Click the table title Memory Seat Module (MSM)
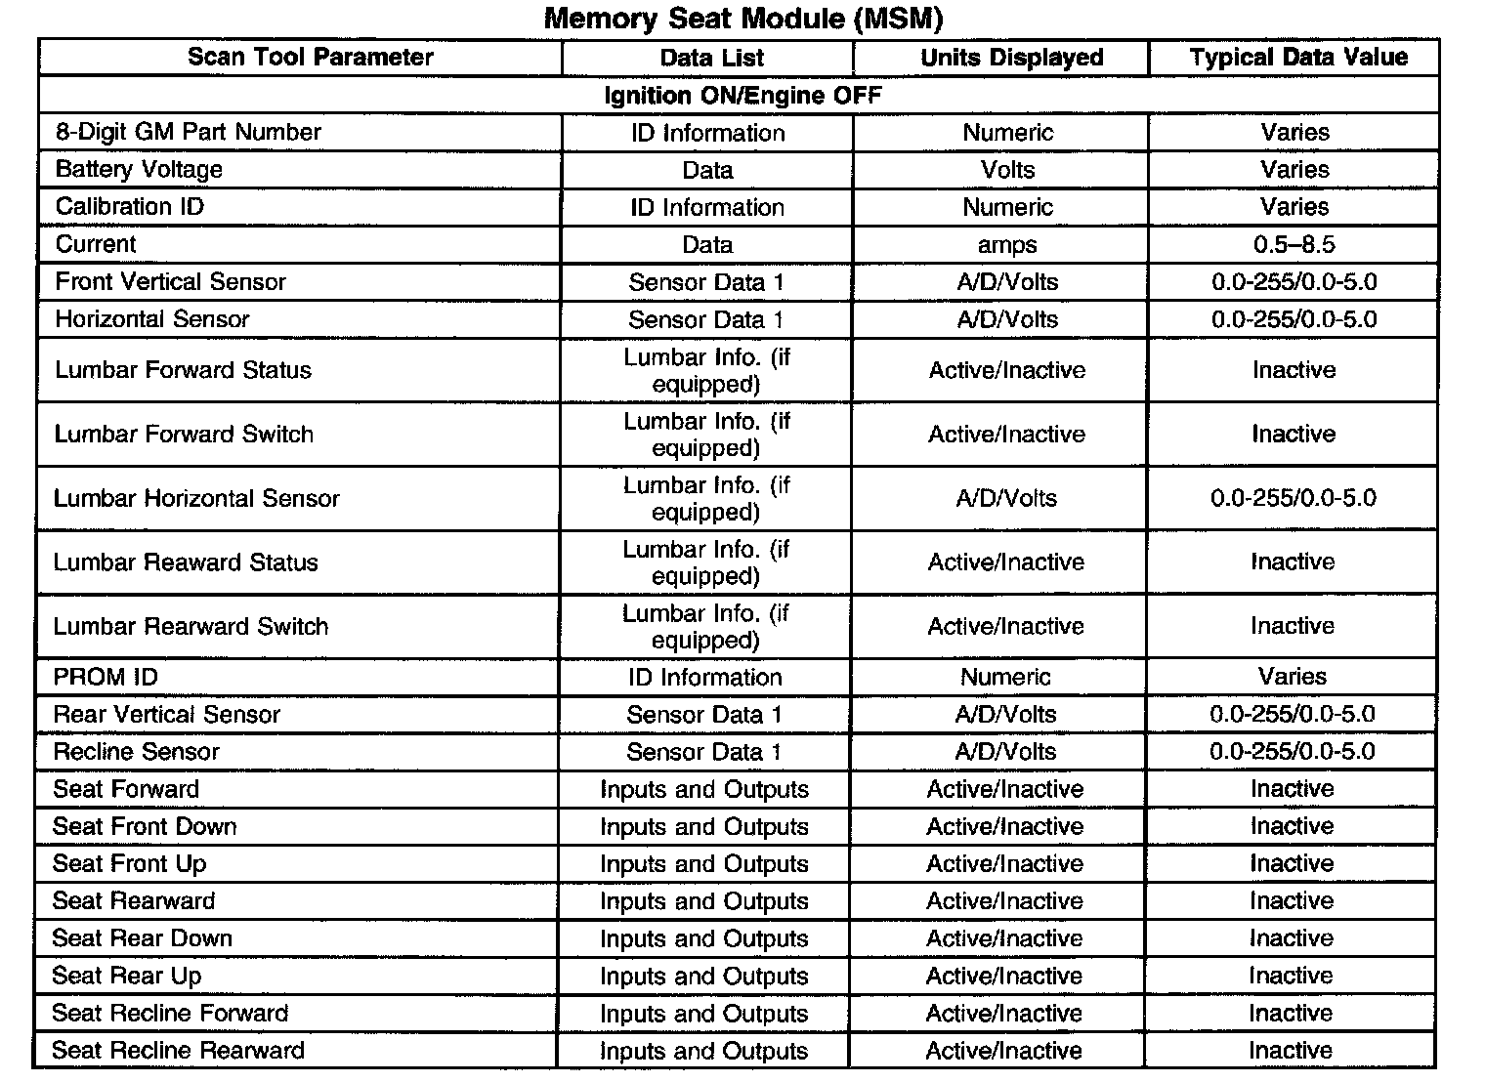[742, 19]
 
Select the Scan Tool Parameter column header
[310, 57]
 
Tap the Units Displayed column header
[1011, 58]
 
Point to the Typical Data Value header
[1298, 57]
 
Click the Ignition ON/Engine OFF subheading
[742, 95]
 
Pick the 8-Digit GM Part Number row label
[188, 132]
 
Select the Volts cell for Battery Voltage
[1007, 170]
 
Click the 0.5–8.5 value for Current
[1294, 244]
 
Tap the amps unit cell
[1006, 244]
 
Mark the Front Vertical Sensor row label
[170, 282]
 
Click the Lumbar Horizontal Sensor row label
[196, 498]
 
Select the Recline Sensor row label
[136, 751]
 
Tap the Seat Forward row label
[125, 788]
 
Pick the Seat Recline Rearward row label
[178, 1050]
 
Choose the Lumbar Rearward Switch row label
[191, 626]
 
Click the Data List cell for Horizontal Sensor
[705, 319]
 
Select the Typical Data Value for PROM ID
[1292, 677]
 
